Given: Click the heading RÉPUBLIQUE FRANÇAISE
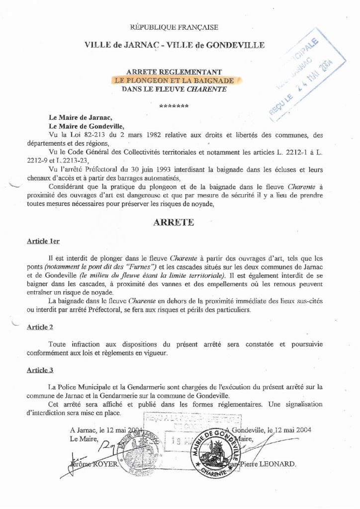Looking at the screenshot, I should [x=174, y=27].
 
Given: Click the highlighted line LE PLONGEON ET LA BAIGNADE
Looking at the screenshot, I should [x=174, y=80].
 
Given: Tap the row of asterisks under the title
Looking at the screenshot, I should [x=173, y=106].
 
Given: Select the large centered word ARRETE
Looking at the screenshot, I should [x=174, y=222].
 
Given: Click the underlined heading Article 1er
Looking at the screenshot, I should [x=43, y=241].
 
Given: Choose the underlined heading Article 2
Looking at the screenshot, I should [x=41, y=327].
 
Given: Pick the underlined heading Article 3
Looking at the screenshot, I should [x=41, y=370].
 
